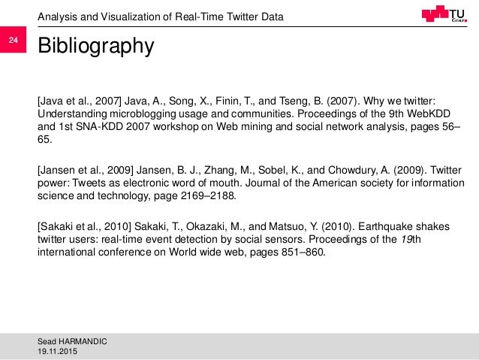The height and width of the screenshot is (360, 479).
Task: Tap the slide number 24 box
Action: (x=13, y=41)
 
